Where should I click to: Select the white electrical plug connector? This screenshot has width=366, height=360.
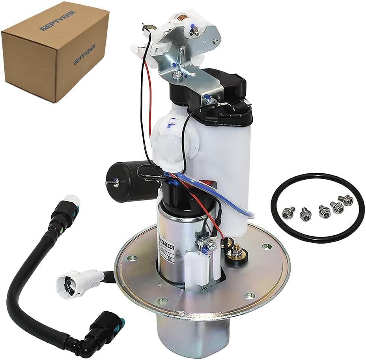(x=75, y=280)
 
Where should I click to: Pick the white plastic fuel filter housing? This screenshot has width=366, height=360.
(x=233, y=158)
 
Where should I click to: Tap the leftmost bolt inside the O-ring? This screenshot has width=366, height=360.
(x=287, y=214)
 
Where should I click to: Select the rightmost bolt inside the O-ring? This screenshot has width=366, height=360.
(x=347, y=201)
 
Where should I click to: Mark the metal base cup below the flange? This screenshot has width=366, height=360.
(x=185, y=336)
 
